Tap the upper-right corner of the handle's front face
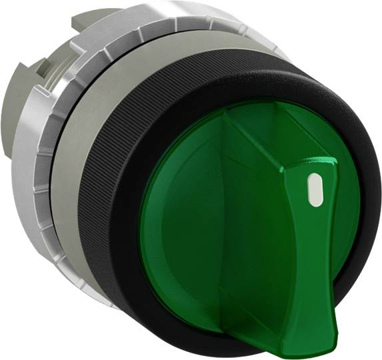coord(331,163)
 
